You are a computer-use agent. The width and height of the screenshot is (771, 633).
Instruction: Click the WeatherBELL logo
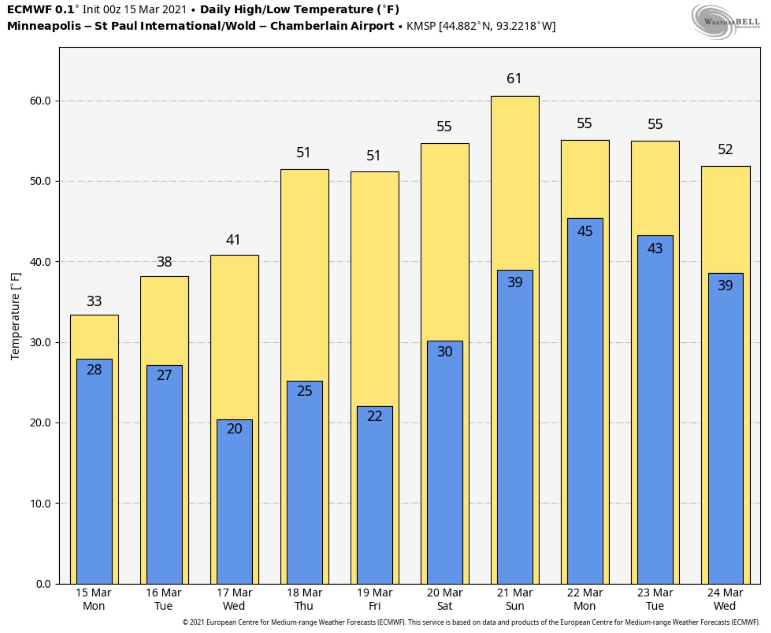726,22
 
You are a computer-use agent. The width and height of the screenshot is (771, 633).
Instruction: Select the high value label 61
514,78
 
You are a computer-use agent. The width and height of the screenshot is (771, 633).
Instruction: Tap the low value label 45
585,231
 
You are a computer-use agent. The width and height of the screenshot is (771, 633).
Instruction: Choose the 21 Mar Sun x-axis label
514,599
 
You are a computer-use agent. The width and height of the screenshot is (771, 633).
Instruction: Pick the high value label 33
94,301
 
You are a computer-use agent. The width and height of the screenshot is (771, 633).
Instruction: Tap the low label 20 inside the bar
234,428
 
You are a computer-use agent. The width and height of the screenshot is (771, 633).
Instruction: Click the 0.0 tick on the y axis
44,584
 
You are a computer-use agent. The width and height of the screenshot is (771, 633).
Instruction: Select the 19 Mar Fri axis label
374,599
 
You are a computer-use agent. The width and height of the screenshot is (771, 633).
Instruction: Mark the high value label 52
725,149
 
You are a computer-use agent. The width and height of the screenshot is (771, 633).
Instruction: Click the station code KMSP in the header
421,26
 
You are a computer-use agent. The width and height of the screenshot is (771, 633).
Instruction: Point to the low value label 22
374,416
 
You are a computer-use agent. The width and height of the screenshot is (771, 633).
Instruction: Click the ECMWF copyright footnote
471,622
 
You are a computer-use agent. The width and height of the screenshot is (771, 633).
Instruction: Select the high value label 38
164,262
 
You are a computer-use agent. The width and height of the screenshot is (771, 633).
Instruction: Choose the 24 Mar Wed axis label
725,599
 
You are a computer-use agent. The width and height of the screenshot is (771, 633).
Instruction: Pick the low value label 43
655,249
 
